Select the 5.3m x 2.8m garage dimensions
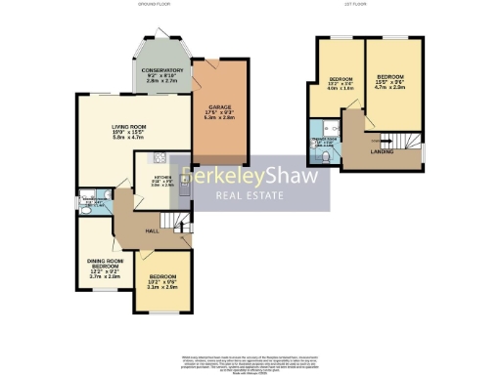(x=218, y=125)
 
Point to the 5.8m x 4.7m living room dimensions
(x=125, y=140)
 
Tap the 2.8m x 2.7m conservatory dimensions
(x=159, y=82)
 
